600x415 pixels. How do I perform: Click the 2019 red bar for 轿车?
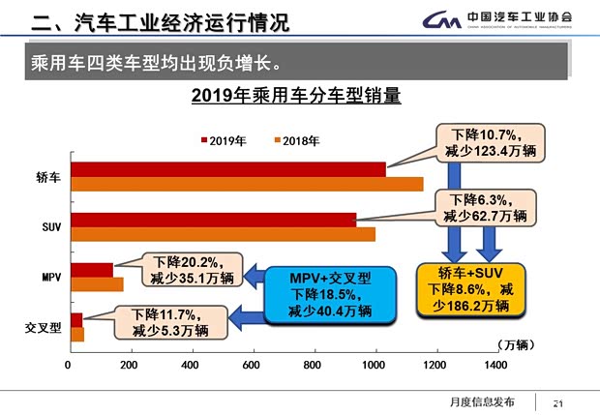227,169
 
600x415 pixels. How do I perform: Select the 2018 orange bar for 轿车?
246,184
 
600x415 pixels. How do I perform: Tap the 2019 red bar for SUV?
213,220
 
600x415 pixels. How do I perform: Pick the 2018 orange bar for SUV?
222,234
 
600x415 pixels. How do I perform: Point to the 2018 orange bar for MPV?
96,284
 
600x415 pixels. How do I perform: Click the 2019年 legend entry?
224,140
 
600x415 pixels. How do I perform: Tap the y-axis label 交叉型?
43,327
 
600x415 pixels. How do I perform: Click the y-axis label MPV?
50,277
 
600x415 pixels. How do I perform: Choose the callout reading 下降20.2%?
193,270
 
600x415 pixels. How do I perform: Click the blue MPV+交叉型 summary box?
330,295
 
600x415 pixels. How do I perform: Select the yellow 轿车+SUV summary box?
470,288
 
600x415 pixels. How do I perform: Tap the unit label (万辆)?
515,343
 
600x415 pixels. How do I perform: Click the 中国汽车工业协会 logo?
504,18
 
